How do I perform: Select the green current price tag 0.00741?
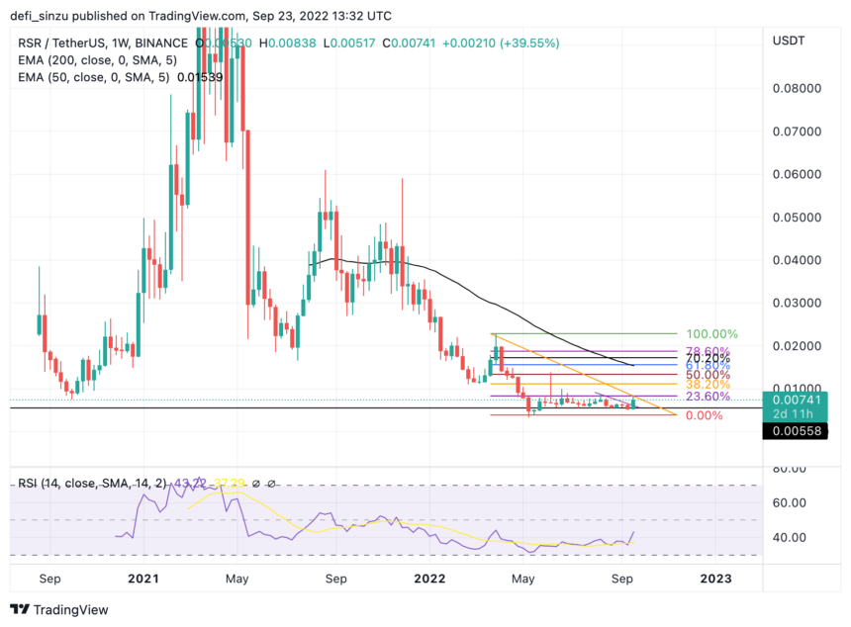pyautogui.click(x=795, y=398)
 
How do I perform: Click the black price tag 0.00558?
pyautogui.click(x=795, y=431)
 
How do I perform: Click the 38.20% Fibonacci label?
pyautogui.click(x=704, y=384)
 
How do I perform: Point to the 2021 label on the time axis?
pyautogui.click(x=144, y=578)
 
